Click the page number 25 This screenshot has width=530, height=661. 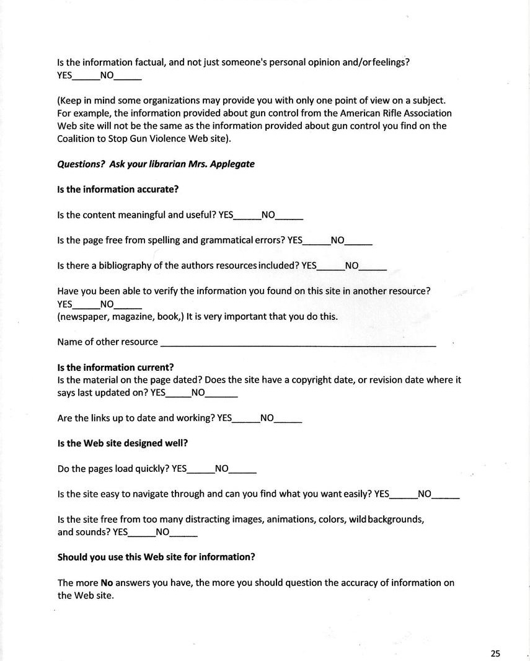(495, 653)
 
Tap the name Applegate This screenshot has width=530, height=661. (232, 164)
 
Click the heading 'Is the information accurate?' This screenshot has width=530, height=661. (118, 190)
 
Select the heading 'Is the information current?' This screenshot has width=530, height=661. (115, 367)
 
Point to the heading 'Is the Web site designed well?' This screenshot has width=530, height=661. (122, 443)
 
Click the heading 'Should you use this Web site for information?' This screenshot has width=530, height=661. (156, 557)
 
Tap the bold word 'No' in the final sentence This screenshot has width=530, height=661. (107, 583)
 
